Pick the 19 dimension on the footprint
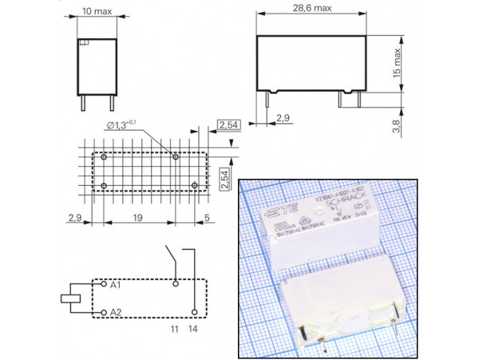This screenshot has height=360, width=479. [x=138, y=217]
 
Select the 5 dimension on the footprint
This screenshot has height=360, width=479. [x=208, y=217]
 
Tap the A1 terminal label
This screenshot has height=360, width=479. [x=116, y=285]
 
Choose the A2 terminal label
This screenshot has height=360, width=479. [x=116, y=311]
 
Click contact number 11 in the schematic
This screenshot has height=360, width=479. [x=174, y=328]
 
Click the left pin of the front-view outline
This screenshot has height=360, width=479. [x=84, y=103]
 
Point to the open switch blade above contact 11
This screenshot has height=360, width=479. [x=170, y=259]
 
